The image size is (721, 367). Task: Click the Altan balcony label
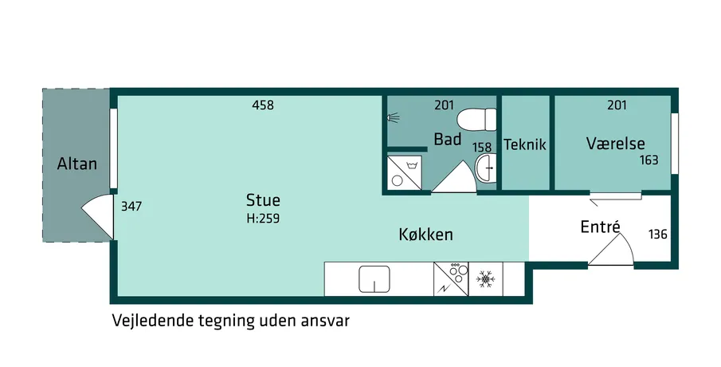tap(76, 164)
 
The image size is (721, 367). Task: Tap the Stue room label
tap(263, 200)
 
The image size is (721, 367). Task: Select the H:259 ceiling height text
tap(263, 218)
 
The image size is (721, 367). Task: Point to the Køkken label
tap(425, 235)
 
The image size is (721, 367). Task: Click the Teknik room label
tap(525, 144)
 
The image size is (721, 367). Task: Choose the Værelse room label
tap(615, 143)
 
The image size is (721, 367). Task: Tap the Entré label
tap(601, 227)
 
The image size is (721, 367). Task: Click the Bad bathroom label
tap(448, 139)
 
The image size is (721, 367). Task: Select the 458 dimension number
tap(263, 105)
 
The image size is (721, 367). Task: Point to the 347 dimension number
tap(131, 207)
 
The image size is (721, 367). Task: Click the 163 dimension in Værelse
tap(649, 160)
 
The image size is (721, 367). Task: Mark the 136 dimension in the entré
tap(657, 235)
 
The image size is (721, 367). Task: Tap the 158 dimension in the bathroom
tap(482, 148)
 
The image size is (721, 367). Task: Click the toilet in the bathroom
tap(477, 120)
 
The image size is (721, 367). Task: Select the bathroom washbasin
tap(485, 168)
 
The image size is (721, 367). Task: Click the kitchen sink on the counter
tap(374, 279)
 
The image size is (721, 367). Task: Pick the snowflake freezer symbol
tap(484, 279)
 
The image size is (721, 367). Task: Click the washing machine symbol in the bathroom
tap(404, 172)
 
